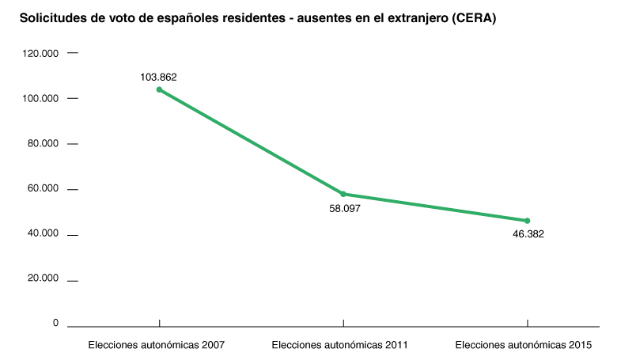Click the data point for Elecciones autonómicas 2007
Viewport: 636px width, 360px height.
tap(159, 89)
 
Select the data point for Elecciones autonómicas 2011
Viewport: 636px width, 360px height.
tap(343, 194)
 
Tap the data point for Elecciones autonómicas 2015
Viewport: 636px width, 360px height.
tap(528, 221)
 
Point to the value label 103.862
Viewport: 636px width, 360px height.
tap(158, 78)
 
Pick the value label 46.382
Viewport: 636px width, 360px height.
tap(528, 234)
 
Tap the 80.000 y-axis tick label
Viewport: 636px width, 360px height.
tap(44, 143)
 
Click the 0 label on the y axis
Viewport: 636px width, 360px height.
tap(55, 324)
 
